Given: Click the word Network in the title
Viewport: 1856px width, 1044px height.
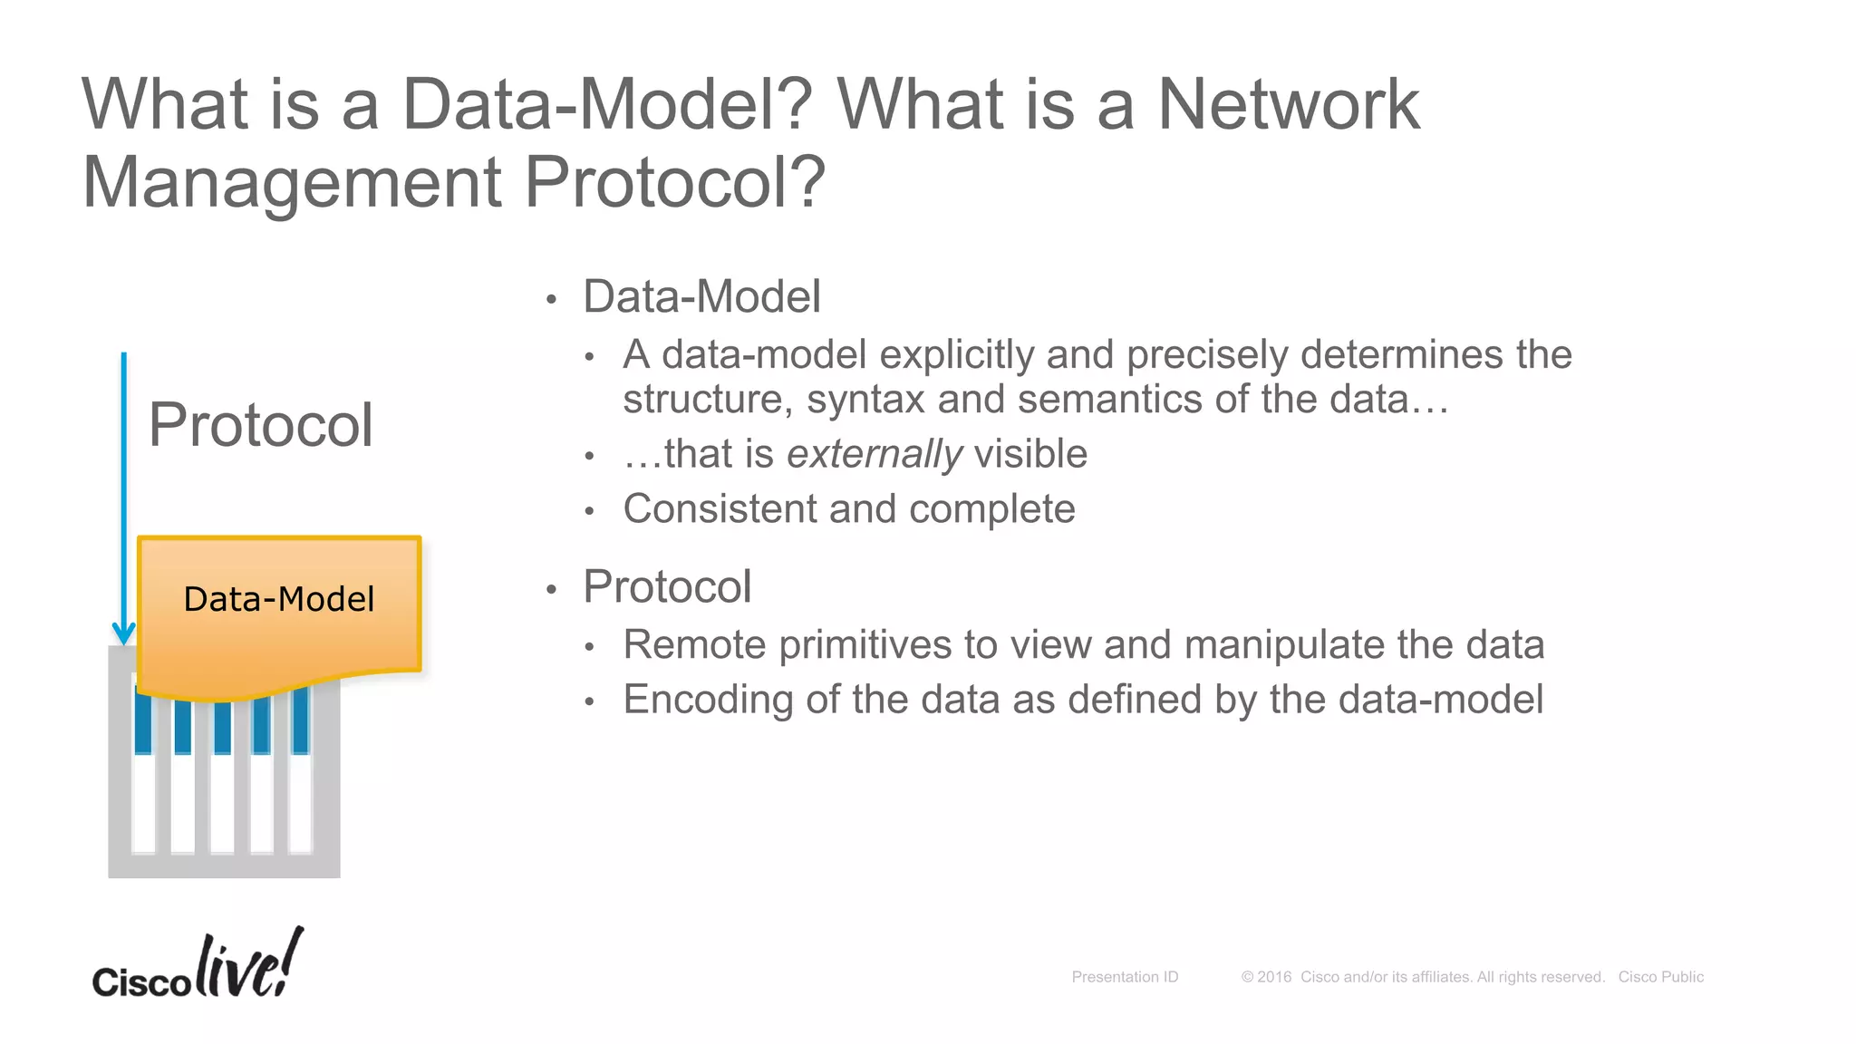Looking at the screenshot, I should coord(1288,105).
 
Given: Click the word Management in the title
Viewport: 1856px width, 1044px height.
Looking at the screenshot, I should coord(292,183).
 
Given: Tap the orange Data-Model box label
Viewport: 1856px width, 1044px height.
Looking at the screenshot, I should coord(278,599).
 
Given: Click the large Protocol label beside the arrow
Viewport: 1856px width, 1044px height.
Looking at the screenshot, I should coord(260,425).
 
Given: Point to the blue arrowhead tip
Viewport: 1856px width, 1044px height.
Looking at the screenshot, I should coord(124,642).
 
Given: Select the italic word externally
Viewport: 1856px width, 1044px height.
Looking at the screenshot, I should coord(874,454).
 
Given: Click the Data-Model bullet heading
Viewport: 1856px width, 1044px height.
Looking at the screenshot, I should coord(701,297).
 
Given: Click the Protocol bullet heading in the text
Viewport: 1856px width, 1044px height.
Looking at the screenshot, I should coord(667,587).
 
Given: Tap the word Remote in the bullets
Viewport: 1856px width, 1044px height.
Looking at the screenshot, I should coord(694,645).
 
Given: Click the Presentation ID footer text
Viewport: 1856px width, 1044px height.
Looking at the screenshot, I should coord(1125,977).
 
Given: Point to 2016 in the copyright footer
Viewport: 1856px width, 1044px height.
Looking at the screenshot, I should coord(1273,977).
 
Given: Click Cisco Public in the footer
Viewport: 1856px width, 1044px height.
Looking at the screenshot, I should coord(1660,977).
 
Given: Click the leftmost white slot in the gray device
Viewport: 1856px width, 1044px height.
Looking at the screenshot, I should coord(143,802).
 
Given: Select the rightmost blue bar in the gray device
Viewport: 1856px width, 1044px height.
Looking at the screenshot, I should coord(301,720).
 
